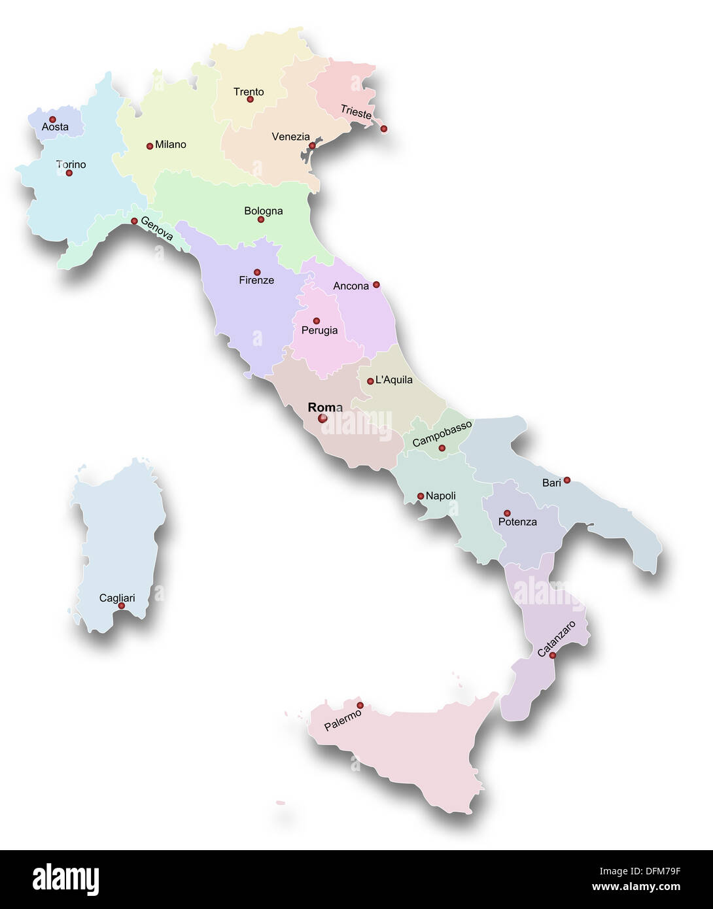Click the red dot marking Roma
(322, 419)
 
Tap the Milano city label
(171, 145)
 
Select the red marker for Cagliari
(121, 606)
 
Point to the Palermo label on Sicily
(343, 721)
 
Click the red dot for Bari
(567, 480)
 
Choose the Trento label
(249, 92)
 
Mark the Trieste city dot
(384, 129)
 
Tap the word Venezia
(290, 137)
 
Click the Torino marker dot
(69, 173)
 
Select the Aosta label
(55, 127)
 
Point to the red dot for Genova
(134, 221)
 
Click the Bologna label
(264, 211)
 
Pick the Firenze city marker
(257, 272)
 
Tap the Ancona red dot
(376, 285)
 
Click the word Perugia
(319, 330)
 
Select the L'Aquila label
(394, 380)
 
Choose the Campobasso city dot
(442, 448)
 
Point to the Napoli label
(441, 496)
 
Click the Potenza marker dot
(507, 513)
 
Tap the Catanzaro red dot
(553, 655)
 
